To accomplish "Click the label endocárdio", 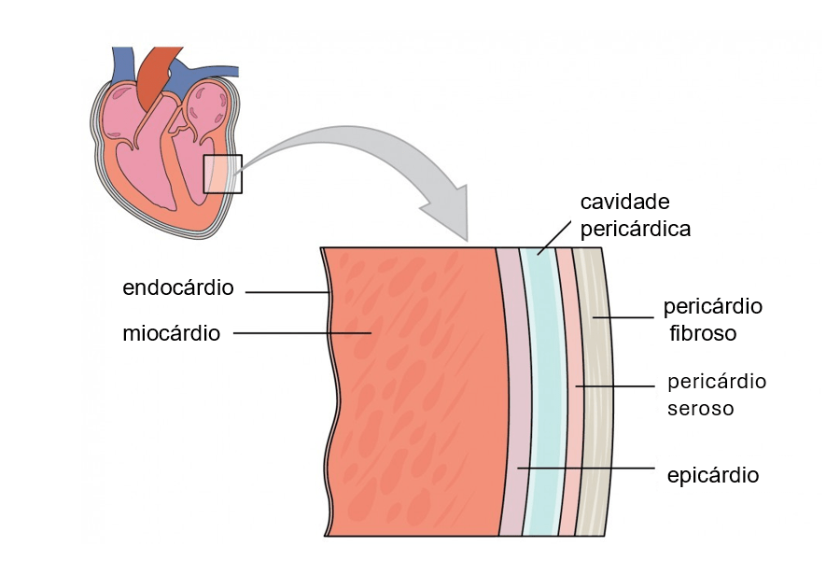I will pyautogui.click(x=178, y=287).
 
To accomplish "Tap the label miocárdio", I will pyautogui.click(x=172, y=333).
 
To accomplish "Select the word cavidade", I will pyautogui.click(x=625, y=203).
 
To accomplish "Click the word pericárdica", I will pyautogui.click(x=636, y=229).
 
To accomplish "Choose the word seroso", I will pyautogui.click(x=701, y=409).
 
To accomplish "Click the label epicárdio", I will pyautogui.click(x=713, y=475).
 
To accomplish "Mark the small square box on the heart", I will pyautogui.click(x=222, y=174).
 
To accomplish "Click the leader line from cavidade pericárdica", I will pyautogui.click(x=555, y=237).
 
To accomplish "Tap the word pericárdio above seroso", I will pyautogui.click(x=717, y=382).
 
